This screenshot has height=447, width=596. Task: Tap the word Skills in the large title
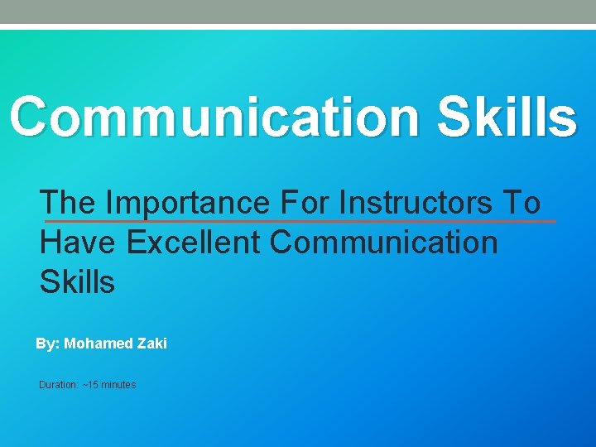point(506,118)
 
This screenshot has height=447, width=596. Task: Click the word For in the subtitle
point(305,202)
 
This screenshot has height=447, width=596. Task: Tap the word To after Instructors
point(525,202)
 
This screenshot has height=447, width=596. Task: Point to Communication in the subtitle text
point(384,243)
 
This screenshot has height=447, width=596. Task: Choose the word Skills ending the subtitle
point(77,282)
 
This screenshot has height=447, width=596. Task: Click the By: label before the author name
point(47,343)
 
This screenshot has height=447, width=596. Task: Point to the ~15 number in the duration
point(89,385)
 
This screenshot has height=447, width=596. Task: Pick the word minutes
point(118,385)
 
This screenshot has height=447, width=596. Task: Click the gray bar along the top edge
point(298,12)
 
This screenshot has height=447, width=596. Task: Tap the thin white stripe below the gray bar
point(298,26)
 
